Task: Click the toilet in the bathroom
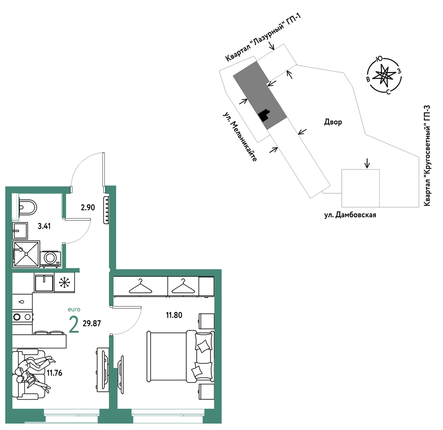point(27,207)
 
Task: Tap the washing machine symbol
point(50,259)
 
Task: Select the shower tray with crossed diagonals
point(26,254)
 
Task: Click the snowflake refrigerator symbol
point(65,282)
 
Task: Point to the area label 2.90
point(88,208)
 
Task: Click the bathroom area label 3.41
point(44,226)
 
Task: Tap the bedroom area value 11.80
point(174,315)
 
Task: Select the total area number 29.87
point(92,324)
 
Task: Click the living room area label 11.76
point(55,373)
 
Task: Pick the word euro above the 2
point(74,309)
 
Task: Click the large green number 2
point(74,325)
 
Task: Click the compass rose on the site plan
point(384,75)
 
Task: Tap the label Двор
point(333,122)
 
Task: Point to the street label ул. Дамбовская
point(350,215)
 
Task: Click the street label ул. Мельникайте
point(240,137)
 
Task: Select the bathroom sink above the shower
point(20,231)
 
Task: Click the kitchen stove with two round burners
point(22,317)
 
